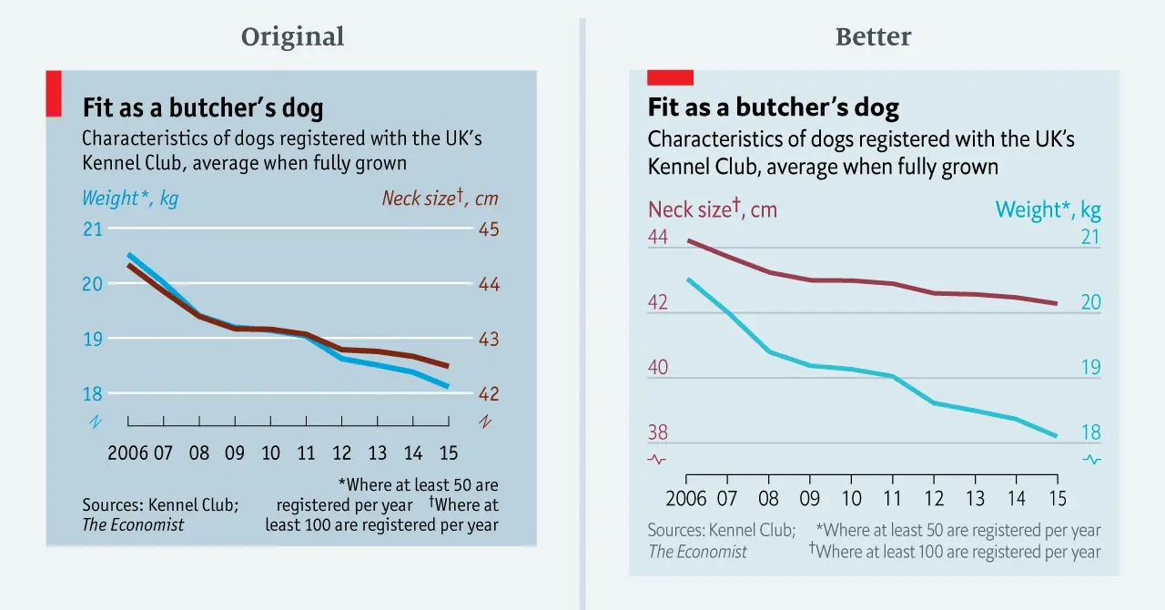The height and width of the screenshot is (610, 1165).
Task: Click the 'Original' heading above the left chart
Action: tap(292, 36)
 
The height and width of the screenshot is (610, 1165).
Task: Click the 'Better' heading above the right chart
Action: tap(873, 36)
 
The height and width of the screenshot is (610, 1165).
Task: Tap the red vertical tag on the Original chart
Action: tap(54, 94)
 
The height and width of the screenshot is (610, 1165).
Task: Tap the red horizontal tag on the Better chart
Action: tap(670, 78)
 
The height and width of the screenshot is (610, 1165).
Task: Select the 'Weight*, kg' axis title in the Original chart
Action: tap(130, 198)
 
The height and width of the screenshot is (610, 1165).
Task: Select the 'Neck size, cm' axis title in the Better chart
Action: tap(712, 210)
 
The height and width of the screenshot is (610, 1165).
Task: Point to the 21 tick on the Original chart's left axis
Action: tap(93, 229)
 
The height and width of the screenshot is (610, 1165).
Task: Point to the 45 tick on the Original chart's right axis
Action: tap(489, 229)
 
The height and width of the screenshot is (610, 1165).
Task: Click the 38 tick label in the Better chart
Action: tap(657, 433)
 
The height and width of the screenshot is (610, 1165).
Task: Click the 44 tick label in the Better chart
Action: tap(657, 238)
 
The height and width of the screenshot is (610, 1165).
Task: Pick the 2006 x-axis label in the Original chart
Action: tap(127, 452)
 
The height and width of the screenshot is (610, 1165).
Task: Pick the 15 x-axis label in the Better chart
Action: tap(1056, 499)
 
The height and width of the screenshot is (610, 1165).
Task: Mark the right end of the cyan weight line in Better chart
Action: tap(1056, 436)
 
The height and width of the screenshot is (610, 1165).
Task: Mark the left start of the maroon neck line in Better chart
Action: tap(688, 241)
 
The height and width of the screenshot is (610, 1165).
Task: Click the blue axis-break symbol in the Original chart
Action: tap(94, 422)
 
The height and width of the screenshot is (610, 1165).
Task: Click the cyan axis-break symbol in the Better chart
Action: tap(1091, 460)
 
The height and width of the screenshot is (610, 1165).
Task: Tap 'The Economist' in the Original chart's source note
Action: tap(133, 524)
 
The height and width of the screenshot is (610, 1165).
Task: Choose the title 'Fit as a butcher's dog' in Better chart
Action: tap(773, 107)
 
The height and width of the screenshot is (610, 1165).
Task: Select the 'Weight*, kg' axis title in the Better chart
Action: tap(1048, 210)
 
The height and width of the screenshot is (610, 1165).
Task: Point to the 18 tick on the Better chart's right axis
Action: tap(1090, 433)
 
